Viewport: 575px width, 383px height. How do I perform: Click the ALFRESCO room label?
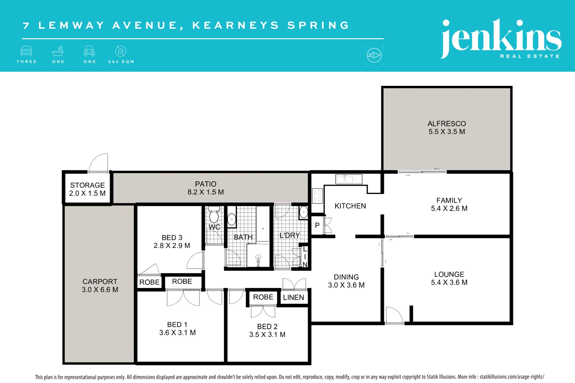[x=447, y=124]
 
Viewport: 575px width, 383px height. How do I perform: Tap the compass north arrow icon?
[x=374, y=55]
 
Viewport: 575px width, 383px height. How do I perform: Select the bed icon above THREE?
[x=27, y=51]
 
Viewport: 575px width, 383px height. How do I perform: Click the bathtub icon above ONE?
[x=58, y=51]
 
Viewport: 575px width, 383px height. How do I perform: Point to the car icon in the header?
[x=89, y=51]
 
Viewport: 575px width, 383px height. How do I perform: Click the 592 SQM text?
[x=121, y=62]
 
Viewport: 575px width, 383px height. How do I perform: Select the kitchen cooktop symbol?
[x=317, y=196]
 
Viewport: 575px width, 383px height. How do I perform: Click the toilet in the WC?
[x=214, y=215]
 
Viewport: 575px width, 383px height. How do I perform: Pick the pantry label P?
[x=317, y=226]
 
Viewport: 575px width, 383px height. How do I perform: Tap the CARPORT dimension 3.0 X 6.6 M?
[x=100, y=290]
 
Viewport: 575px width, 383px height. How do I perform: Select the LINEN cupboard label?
[x=294, y=298]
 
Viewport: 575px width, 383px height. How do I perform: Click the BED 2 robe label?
[x=263, y=297]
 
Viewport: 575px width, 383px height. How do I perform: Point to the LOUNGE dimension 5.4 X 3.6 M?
[x=449, y=283]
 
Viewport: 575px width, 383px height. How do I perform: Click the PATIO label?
[x=206, y=184]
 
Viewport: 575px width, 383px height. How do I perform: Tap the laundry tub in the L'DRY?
[x=303, y=212]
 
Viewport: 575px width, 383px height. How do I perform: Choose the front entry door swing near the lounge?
[x=394, y=315]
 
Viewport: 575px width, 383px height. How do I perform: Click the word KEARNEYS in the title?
[x=235, y=26]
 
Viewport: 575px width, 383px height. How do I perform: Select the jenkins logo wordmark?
[x=500, y=38]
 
